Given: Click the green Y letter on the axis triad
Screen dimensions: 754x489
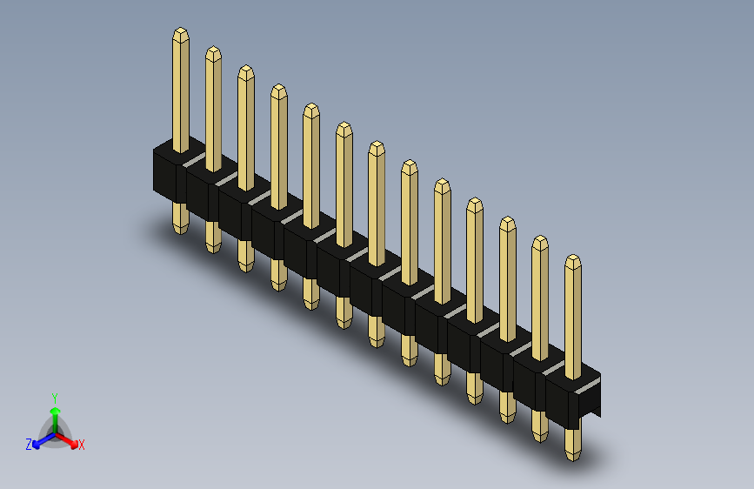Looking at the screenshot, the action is (x=55, y=399).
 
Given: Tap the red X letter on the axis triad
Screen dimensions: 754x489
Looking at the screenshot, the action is (x=81, y=445).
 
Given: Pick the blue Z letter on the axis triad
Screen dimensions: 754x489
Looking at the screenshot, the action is (x=29, y=445).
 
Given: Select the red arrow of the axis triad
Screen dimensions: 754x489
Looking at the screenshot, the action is (x=67, y=440).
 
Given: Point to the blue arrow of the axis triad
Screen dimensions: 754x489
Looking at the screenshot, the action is (x=43, y=440).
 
